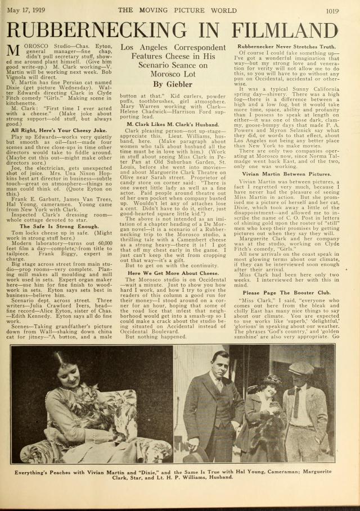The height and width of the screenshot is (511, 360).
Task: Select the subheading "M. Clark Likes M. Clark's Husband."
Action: tap(173, 123)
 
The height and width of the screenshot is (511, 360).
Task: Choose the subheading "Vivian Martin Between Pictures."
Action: tap(286, 174)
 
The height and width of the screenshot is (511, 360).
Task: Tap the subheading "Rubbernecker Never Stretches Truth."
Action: tap(286, 46)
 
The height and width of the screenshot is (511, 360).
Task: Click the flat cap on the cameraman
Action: tap(301, 368)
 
